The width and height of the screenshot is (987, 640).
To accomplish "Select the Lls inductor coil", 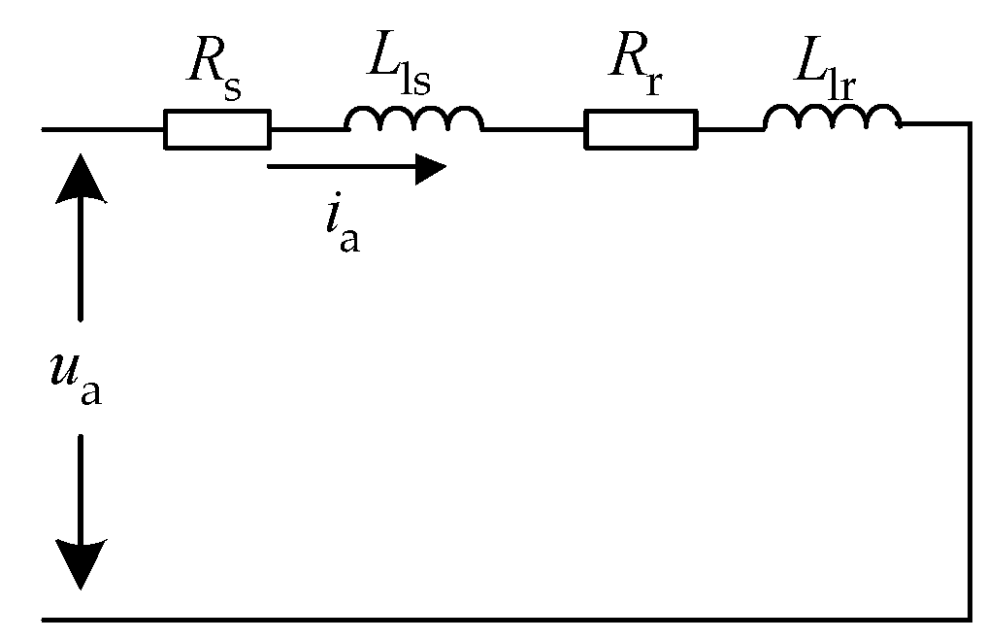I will coord(413,119).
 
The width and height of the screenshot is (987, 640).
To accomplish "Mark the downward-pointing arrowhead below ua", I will coord(80,564).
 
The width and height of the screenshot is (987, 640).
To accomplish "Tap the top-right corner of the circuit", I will coord(970,124).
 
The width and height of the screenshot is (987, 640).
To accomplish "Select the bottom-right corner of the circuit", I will coord(970,618).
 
